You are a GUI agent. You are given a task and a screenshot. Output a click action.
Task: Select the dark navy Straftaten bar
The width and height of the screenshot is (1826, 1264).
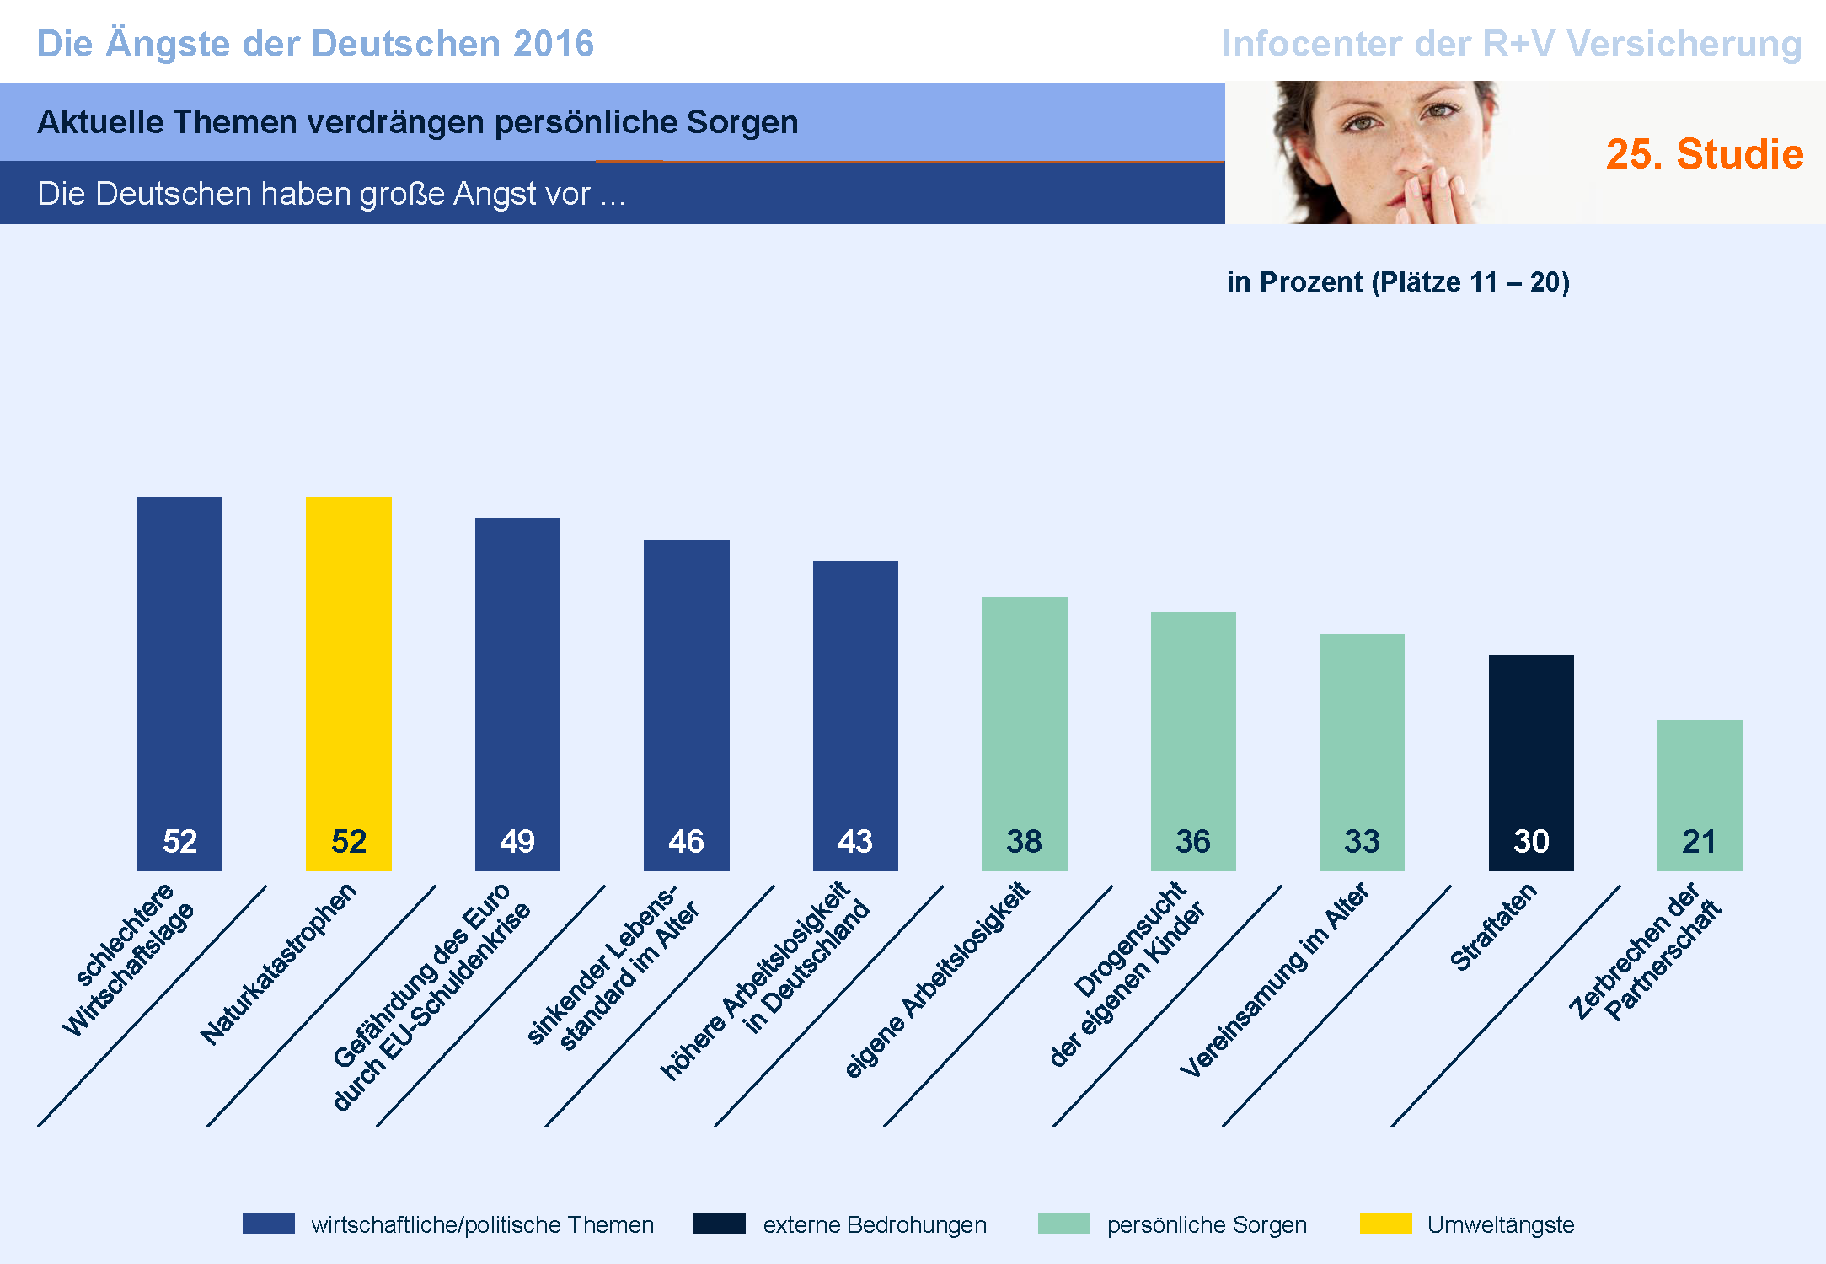pyautogui.click(x=1530, y=742)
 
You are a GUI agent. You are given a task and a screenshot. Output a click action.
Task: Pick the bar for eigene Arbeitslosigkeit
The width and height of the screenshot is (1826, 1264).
pyautogui.click(x=1024, y=716)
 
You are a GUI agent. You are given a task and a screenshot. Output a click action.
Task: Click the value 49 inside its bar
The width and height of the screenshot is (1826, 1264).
pyautogui.click(x=517, y=841)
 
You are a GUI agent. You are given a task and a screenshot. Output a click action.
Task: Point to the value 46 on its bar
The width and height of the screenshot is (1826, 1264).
pyautogui.click(x=686, y=841)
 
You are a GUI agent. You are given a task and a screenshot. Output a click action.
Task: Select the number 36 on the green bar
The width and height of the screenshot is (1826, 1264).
pyautogui.click(x=1192, y=841)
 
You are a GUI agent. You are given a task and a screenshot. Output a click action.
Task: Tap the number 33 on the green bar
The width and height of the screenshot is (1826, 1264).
pyautogui.click(x=1362, y=841)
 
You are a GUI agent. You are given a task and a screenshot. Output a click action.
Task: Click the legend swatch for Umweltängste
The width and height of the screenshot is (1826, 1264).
pyautogui.click(x=1385, y=1224)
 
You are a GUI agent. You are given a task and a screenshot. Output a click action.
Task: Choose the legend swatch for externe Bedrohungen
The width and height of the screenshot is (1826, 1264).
pyautogui.click(x=719, y=1224)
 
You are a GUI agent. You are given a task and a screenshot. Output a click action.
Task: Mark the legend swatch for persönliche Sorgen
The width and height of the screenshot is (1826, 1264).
pyautogui.click(x=1063, y=1224)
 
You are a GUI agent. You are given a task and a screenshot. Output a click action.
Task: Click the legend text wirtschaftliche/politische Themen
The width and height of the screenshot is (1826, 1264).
pyautogui.click(x=482, y=1224)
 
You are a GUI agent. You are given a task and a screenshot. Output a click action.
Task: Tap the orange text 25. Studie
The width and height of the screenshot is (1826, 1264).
pyautogui.click(x=1704, y=154)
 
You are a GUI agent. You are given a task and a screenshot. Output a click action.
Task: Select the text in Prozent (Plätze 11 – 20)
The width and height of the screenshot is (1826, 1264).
pyautogui.click(x=1398, y=281)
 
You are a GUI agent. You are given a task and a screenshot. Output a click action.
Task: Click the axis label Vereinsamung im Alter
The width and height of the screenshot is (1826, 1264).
pyautogui.click(x=1274, y=979)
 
